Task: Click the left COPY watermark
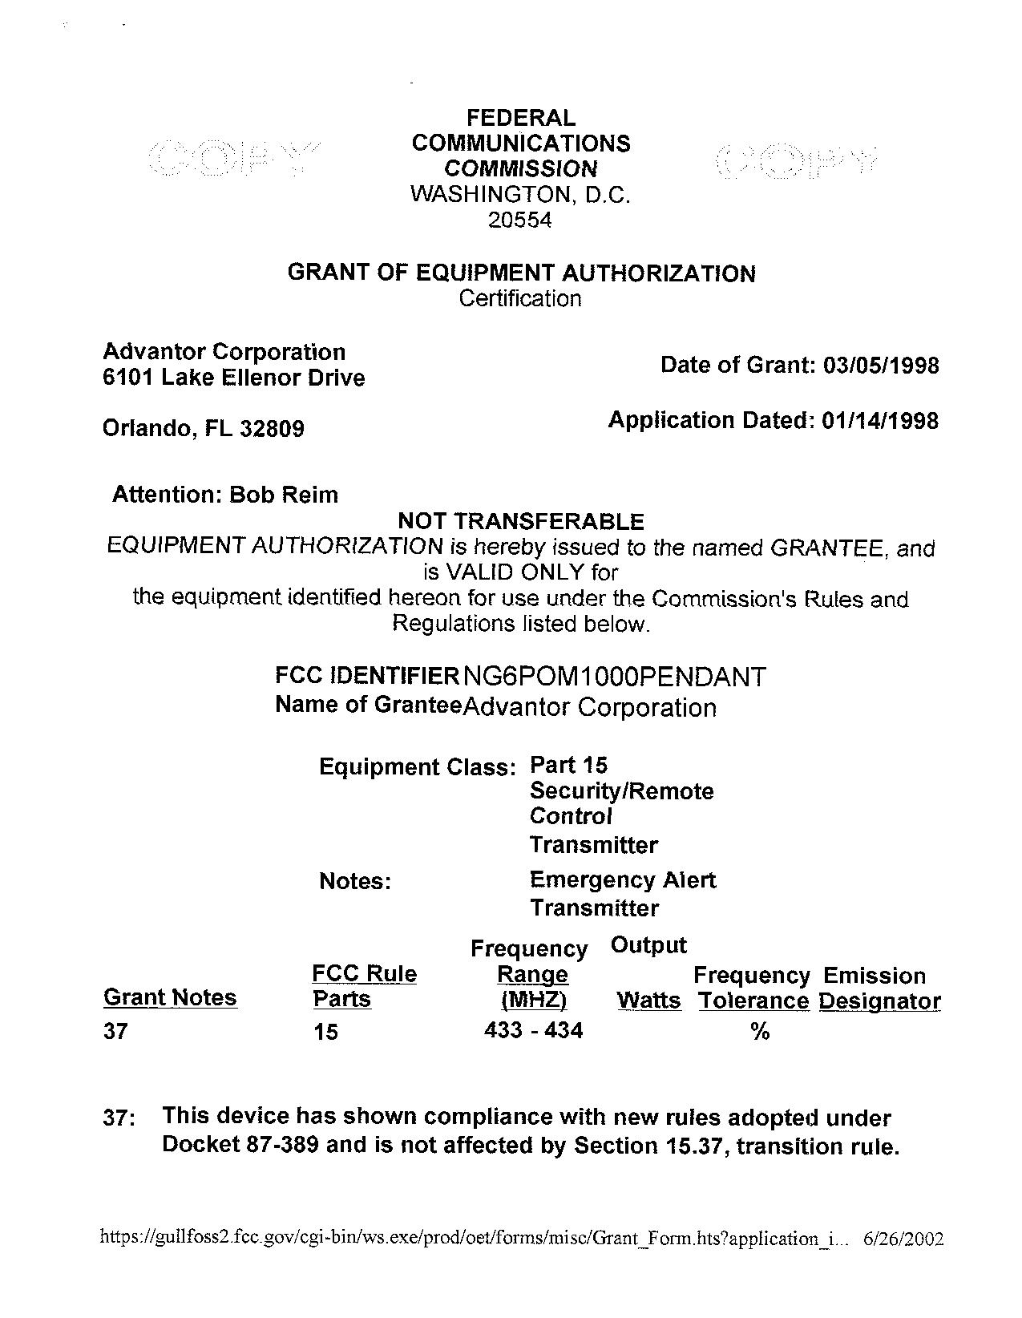[x=232, y=158]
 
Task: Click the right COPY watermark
[x=795, y=160]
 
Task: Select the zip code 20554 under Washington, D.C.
[x=520, y=220]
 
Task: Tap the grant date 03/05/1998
[x=880, y=366]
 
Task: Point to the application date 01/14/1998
[x=880, y=421]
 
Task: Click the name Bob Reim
[x=284, y=495]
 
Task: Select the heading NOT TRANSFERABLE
[x=521, y=522]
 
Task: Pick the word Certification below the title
[x=520, y=299]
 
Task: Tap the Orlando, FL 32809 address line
[x=204, y=429]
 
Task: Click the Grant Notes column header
[x=170, y=998]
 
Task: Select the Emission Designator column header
[x=879, y=988]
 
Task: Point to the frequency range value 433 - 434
[x=534, y=1030]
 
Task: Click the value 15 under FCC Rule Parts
[x=326, y=1032]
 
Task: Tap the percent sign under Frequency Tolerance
[x=760, y=1033]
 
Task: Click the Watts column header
[x=648, y=1001]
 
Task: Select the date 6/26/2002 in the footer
[x=903, y=1239]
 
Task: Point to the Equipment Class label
[x=416, y=767]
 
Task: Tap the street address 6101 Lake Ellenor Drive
[x=234, y=378]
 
